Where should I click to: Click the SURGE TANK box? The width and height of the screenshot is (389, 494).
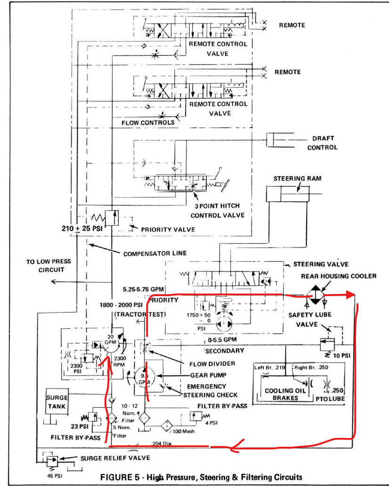tap(57, 402)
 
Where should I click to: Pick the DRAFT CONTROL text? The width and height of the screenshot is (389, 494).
tap(323, 143)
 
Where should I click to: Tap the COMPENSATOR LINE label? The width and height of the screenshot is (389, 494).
tap(155, 253)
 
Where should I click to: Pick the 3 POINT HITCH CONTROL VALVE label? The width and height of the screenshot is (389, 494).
tap(218, 211)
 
